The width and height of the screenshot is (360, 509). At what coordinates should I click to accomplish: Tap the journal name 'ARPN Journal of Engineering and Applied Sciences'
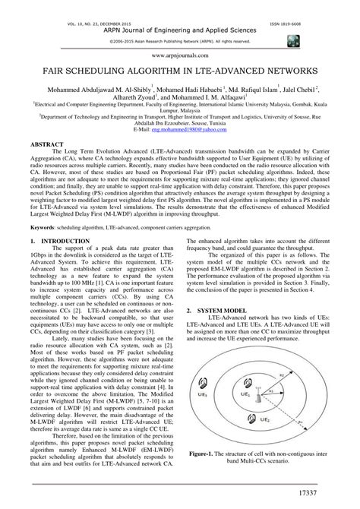[180, 12]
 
